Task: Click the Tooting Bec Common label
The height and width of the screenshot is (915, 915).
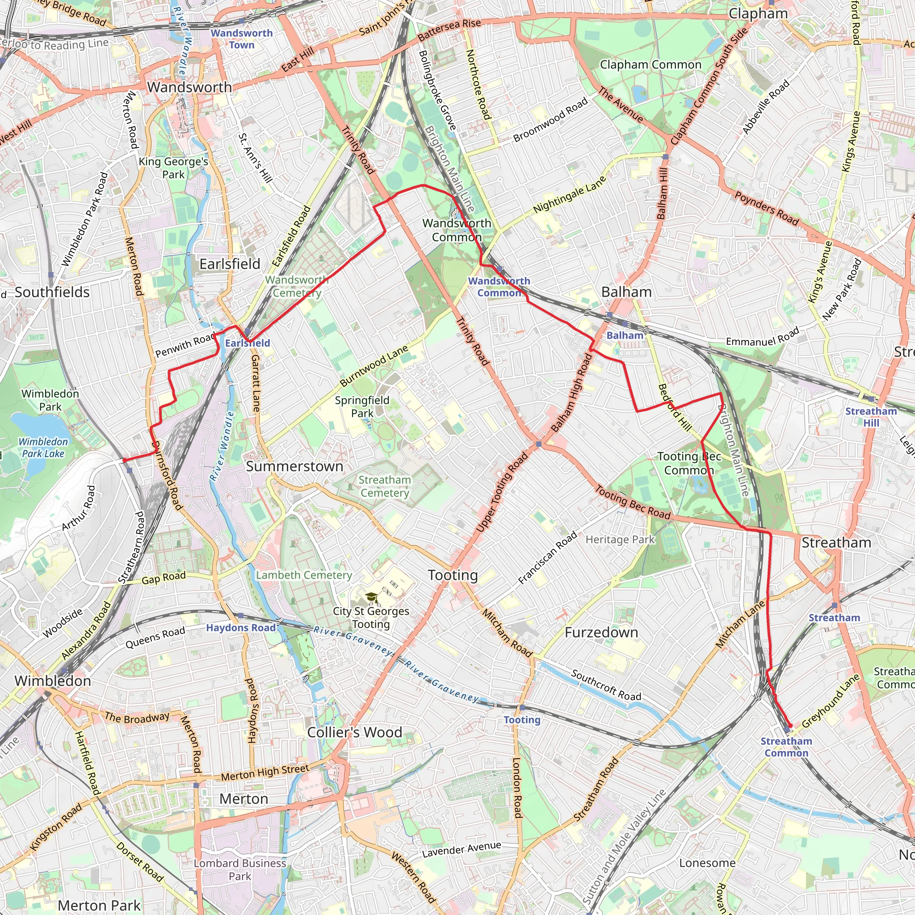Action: click(689, 463)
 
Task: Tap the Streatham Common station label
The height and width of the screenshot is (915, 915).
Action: click(786, 747)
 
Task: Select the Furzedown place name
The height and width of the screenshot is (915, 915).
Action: click(601, 632)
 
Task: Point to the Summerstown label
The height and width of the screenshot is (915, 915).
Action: click(294, 466)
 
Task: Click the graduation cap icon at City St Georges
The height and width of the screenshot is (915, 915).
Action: click(372, 597)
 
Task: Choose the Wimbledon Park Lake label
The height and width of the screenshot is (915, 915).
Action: click(43, 448)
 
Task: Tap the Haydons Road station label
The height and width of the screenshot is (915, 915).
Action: click(241, 628)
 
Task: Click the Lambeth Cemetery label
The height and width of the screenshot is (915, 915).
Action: click(304, 575)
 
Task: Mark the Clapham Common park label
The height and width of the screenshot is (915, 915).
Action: click(650, 64)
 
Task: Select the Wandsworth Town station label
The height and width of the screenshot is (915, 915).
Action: click(242, 39)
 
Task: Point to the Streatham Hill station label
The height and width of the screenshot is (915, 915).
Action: click(871, 417)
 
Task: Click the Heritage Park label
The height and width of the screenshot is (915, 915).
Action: click(620, 539)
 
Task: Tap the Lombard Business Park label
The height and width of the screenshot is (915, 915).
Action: click(240, 869)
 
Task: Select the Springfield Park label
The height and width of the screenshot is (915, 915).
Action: click(362, 407)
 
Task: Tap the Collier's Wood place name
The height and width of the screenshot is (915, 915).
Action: click(354, 732)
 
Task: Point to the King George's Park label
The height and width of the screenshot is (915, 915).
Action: click(173, 168)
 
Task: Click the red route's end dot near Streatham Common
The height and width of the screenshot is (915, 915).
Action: click(790, 726)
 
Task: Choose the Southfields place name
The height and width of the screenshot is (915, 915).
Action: click(52, 292)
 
